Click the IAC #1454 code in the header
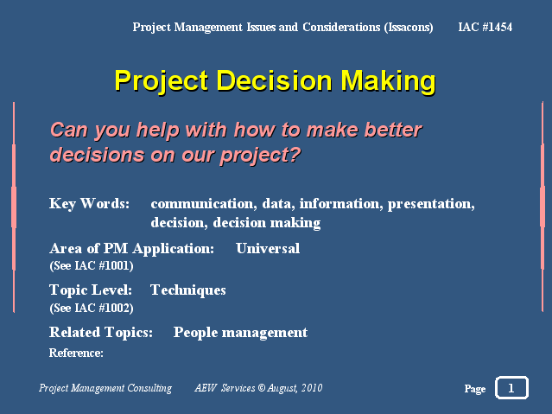click(x=485, y=27)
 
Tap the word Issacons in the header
click(x=409, y=28)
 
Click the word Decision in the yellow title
click(x=274, y=80)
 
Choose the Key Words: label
click(x=90, y=204)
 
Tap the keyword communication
click(x=202, y=204)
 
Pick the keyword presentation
click(x=429, y=204)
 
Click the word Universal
click(x=268, y=248)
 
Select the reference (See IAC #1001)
click(x=92, y=265)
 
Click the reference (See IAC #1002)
click(x=92, y=308)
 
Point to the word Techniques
click(x=188, y=290)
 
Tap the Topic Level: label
click(x=91, y=290)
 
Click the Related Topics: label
click(x=101, y=333)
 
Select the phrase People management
click(x=240, y=333)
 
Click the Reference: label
click(x=76, y=353)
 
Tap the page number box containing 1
click(x=511, y=387)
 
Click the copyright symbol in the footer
click(x=261, y=388)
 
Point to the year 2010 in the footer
click(x=312, y=388)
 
